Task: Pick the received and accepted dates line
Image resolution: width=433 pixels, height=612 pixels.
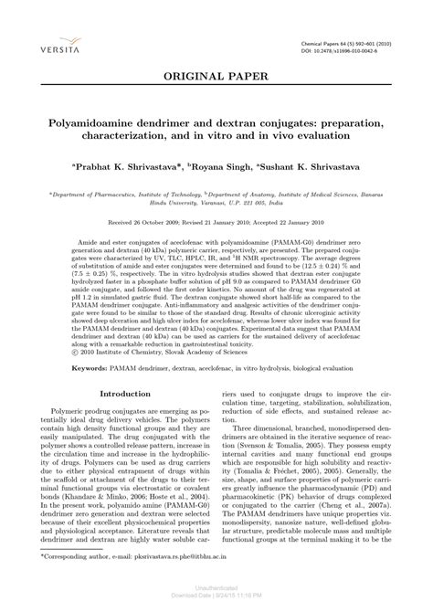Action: pyautogui.click(x=216, y=222)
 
